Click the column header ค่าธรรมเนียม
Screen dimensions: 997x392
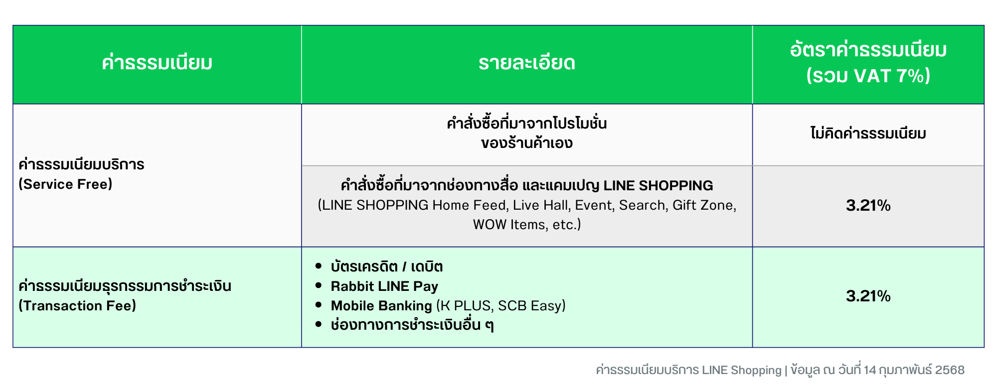(x=157, y=63)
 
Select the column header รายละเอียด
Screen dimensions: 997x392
(x=527, y=63)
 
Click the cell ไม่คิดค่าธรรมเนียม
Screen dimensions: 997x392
(x=868, y=133)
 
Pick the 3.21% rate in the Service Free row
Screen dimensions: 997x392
(x=868, y=205)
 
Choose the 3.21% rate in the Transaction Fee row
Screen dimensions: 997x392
(x=868, y=296)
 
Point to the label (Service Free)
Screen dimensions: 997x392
(x=65, y=184)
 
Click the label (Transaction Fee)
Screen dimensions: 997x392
(x=77, y=306)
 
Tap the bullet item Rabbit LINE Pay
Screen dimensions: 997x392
(x=384, y=286)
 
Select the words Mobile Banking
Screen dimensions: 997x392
(x=381, y=306)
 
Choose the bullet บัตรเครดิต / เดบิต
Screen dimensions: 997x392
(x=387, y=266)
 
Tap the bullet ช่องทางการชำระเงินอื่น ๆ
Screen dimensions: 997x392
(x=412, y=325)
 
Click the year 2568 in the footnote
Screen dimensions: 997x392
(x=950, y=370)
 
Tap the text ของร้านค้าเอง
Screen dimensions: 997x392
(x=527, y=143)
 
